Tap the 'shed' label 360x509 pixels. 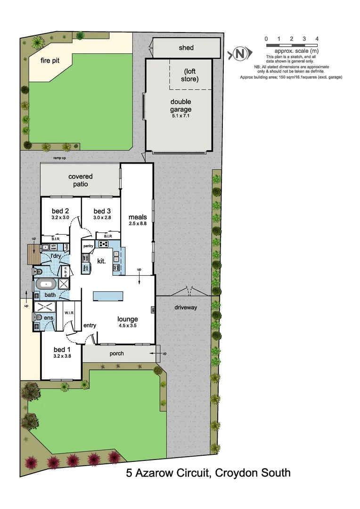pos(186,48)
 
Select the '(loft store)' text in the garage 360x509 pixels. pos(190,75)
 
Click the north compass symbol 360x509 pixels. pos(240,54)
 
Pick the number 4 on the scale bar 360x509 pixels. pos(317,38)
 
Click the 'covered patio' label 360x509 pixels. pos(81,180)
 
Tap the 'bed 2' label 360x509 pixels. pos(61,211)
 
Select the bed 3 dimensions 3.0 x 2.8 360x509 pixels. pos(102,218)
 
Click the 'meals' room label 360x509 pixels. pos(138,217)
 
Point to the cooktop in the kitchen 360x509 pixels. pos(103,244)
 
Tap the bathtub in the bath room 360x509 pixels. pos(46,284)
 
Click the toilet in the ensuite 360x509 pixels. pos(38,317)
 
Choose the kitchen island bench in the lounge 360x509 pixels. pos(108,296)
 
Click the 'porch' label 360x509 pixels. pos(116,353)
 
